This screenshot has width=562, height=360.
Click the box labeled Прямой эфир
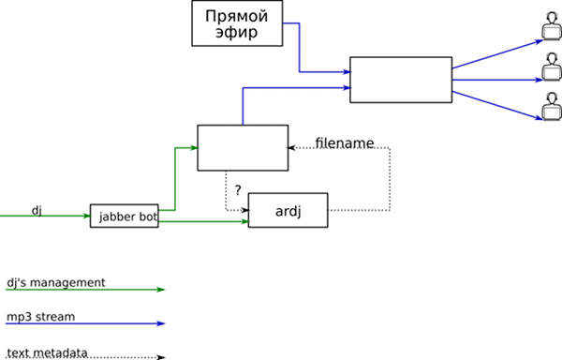[x=237, y=23]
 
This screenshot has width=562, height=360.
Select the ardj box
[x=288, y=210]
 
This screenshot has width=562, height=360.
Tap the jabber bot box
[x=124, y=216]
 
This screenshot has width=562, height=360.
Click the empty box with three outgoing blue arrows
[x=401, y=80]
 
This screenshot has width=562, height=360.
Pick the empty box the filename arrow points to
[x=243, y=148]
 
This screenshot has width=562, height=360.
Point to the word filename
[x=345, y=143]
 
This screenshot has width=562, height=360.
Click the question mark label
[x=238, y=190]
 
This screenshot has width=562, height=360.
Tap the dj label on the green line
[x=37, y=211]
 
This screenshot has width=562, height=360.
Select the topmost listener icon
[x=552, y=25]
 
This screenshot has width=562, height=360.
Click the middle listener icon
[x=552, y=67]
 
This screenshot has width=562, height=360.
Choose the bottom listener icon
[x=552, y=107]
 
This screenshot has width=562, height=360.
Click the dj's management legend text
[x=56, y=282]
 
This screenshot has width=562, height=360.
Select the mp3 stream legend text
[x=41, y=317]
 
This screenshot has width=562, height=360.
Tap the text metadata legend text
[x=47, y=352]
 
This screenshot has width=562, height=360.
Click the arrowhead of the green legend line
[x=160, y=290]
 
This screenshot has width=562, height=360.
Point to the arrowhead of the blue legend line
[x=160, y=323]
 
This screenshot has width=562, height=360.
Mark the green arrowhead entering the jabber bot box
[x=86, y=216]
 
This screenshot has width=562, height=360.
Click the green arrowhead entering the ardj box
[x=244, y=221]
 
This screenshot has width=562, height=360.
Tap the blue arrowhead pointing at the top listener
[x=540, y=42]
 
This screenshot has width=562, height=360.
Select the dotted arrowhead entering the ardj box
[x=244, y=210]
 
